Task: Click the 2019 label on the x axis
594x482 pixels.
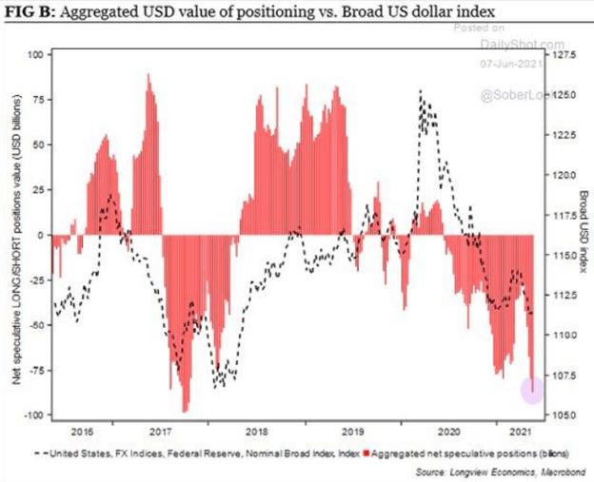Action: pyautogui.click(x=354, y=430)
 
